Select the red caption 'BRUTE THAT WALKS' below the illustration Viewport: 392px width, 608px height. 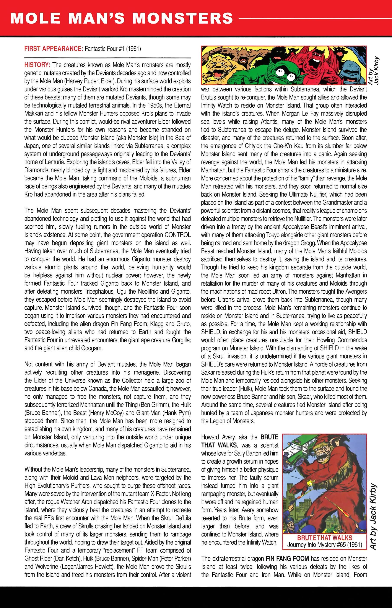coord(325,538)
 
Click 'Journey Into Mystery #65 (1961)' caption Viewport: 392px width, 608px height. coord(325,545)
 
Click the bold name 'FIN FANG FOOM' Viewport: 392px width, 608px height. coord(287,559)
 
